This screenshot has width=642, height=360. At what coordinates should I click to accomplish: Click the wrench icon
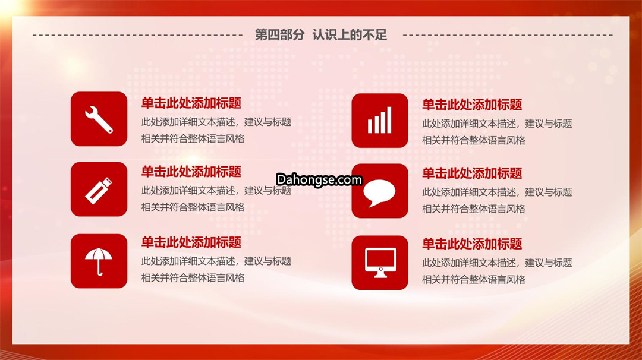[99, 119]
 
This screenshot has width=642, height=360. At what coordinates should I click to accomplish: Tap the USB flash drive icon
[98, 190]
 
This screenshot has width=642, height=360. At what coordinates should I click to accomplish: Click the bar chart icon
[379, 120]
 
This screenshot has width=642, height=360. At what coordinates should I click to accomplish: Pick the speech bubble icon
[379, 192]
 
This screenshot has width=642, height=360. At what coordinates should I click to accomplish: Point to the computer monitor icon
[380, 263]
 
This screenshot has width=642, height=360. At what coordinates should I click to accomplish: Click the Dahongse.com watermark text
[319, 179]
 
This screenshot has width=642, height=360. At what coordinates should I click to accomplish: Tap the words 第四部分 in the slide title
[279, 35]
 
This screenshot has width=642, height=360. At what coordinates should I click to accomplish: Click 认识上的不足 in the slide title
[350, 35]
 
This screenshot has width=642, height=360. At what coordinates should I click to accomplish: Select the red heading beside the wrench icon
[191, 103]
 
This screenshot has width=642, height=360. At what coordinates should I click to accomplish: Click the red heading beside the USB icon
[191, 172]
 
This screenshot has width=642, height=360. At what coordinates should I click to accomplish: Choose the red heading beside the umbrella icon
[191, 242]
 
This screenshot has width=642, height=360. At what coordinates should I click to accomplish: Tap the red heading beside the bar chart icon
[472, 105]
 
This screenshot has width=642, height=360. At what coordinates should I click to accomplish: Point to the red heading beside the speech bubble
[472, 173]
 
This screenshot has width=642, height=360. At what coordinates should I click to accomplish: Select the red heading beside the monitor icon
[472, 244]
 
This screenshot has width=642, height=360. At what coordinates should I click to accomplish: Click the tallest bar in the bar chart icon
[389, 120]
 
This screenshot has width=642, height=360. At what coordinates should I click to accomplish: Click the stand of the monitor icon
[380, 274]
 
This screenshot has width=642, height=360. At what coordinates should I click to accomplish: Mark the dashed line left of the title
[137, 35]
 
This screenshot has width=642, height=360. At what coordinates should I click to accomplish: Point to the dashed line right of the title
[508, 35]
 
